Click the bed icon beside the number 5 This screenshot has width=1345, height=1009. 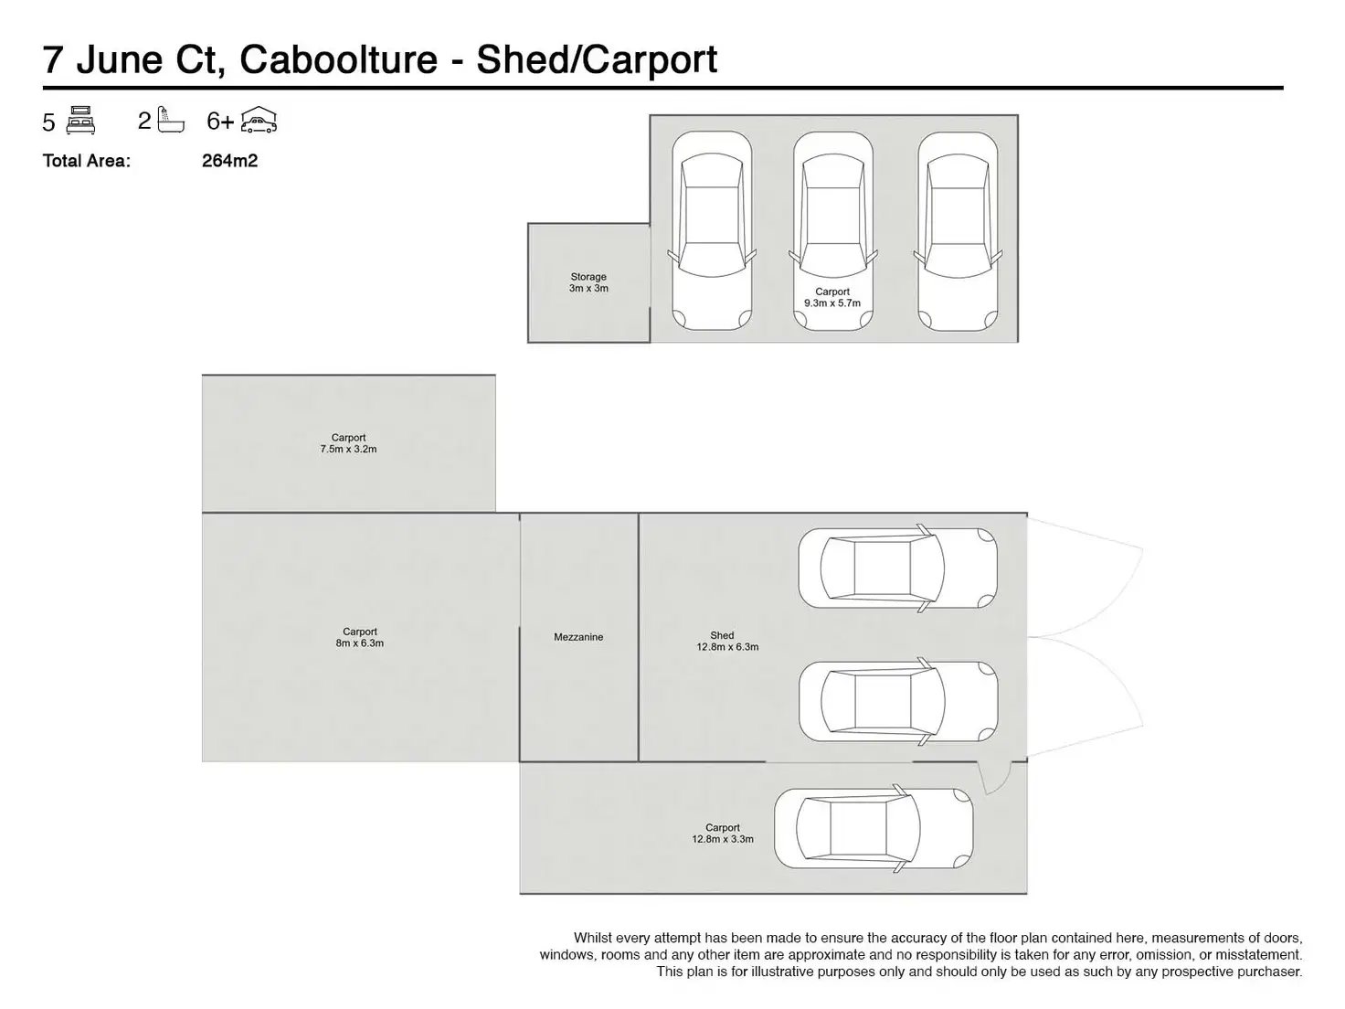pyautogui.click(x=80, y=120)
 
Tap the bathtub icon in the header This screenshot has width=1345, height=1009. pyautogui.click(x=170, y=120)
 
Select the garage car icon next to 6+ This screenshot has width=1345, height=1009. pyautogui.click(x=259, y=120)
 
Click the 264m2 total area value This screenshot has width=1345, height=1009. pyautogui.click(x=229, y=161)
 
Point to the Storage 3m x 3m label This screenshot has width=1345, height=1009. pyautogui.click(x=588, y=282)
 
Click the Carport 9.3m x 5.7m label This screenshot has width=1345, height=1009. pyautogui.click(x=832, y=297)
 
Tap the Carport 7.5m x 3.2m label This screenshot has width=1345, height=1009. pyautogui.click(x=348, y=443)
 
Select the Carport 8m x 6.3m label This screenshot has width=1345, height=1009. pyautogui.click(x=360, y=637)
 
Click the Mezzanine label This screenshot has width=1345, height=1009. pyautogui.click(x=578, y=637)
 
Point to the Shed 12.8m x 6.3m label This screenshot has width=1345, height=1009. pyautogui.click(x=727, y=641)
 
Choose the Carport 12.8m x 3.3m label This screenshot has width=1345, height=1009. pyautogui.click(x=723, y=834)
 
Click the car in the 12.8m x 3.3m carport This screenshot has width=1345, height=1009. pyautogui.click(x=874, y=828)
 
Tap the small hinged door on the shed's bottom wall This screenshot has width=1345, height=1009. pyautogui.click(x=994, y=778)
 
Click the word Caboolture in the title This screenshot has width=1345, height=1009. pyautogui.click(x=338, y=60)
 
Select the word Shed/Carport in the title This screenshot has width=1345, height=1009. pyautogui.click(x=597, y=61)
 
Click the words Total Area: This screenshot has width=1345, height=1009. pyautogui.click(x=87, y=161)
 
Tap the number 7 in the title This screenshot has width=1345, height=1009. pyautogui.click(x=53, y=60)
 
